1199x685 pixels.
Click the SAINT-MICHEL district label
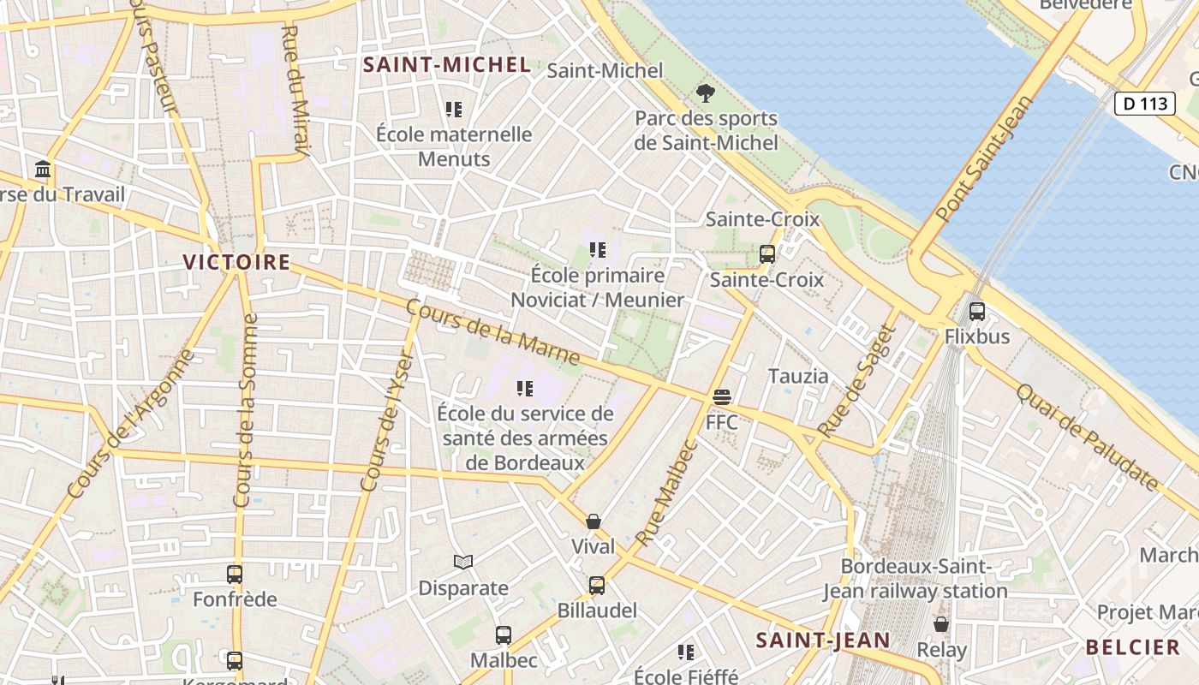coord(446,64)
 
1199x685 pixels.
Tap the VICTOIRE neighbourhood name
coord(236,262)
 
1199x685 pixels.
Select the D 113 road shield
coord(1144,104)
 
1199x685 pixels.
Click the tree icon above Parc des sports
coord(706,93)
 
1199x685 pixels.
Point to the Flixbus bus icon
coord(977,312)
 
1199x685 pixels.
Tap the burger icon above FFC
coord(722,397)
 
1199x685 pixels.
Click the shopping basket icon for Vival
coord(594,521)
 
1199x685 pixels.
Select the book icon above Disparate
coord(463,563)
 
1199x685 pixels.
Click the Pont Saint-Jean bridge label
coord(985,159)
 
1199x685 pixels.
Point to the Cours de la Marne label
coord(492,332)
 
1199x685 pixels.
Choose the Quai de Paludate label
coord(1087,438)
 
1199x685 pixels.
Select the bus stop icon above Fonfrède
coord(235,575)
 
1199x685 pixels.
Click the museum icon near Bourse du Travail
coord(43,170)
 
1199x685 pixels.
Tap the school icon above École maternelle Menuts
coord(454,110)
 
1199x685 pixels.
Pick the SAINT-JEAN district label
coord(823,640)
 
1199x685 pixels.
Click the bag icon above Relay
coord(941,625)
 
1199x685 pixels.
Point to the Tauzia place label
coord(798,376)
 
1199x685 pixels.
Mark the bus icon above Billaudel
coord(597,586)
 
